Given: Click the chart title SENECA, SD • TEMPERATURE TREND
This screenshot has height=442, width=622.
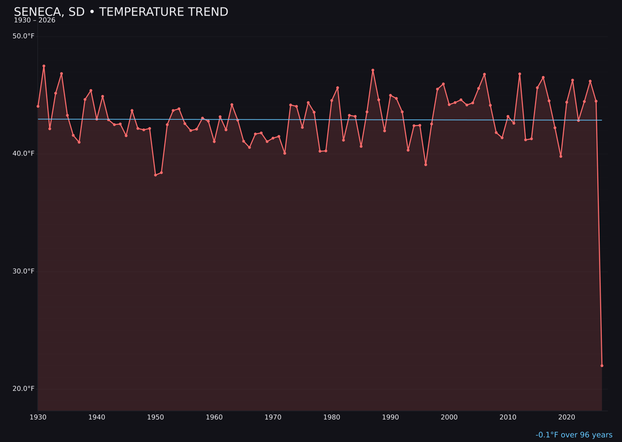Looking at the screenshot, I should [x=121, y=12].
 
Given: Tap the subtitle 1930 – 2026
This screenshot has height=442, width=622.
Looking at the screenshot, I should [x=35, y=21].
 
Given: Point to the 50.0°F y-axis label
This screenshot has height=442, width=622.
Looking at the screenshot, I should [x=24, y=36].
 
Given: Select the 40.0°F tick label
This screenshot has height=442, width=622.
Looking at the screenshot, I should [x=24, y=154].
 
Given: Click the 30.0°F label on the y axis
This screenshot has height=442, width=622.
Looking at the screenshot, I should [x=24, y=271].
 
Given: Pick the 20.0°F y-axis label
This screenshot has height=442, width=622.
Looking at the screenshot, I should [x=24, y=388].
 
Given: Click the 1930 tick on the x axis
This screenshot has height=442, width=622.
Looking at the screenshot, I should [x=38, y=417].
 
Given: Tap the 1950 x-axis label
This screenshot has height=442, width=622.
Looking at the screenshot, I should [x=155, y=417].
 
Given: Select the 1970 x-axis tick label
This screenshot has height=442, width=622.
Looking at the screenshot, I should [x=273, y=417].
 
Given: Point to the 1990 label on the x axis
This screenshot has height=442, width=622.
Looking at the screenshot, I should [x=390, y=417].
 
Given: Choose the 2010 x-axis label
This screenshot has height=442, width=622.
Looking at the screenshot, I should [x=508, y=417].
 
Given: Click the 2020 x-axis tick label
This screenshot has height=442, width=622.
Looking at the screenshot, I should [x=567, y=417].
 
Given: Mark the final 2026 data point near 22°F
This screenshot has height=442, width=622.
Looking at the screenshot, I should [x=602, y=365].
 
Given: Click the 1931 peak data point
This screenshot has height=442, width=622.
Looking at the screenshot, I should [x=44, y=66].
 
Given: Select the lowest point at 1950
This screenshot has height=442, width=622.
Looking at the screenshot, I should [x=155, y=175].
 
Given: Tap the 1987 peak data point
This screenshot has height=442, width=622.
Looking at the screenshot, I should [x=373, y=70].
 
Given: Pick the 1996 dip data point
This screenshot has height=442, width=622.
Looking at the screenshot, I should [x=426, y=165].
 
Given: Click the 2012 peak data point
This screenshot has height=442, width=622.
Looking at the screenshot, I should [x=519, y=74].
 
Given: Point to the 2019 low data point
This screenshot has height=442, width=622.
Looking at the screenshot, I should [x=561, y=157].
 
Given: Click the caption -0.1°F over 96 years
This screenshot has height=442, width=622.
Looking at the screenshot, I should [x=574, y=435].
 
